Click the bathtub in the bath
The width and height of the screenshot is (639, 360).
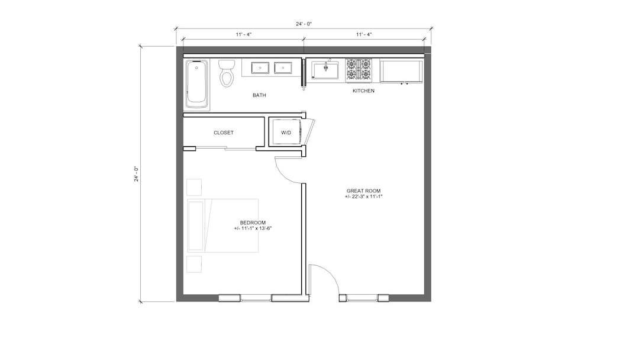(197, 84)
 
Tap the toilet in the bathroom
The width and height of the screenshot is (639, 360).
(226, 74)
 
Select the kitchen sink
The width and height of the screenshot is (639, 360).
(325, 70)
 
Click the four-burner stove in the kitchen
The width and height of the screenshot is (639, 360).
(359, 70)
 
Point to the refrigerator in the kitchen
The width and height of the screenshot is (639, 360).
(401, 71)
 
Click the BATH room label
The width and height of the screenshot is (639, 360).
(259, 95)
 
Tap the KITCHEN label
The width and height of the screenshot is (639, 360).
(363, 91)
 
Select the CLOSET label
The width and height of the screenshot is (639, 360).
(223, 133)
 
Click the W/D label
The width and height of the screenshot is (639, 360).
(286, 133)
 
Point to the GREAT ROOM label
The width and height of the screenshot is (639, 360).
(363, 191)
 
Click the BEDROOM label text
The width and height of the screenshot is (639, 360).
(253, 223)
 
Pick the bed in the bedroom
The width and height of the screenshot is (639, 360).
(223, 226)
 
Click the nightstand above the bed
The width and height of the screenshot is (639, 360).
(194, 187)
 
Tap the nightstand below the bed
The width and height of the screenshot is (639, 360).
(194, 264)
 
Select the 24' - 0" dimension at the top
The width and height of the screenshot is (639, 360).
(304, 24)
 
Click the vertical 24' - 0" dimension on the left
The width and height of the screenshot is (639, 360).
(136, 173)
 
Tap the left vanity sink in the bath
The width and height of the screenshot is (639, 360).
(260, 67)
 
